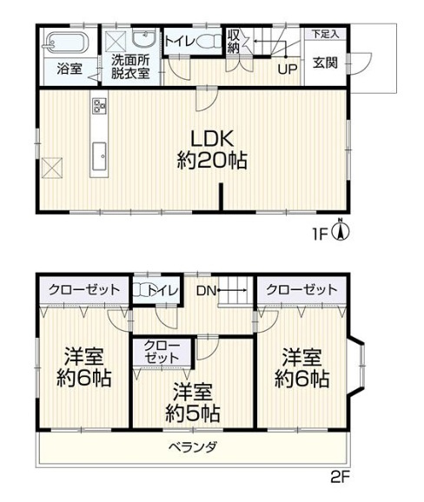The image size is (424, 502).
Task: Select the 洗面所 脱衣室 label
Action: pyautogui.click(x=129, y=67)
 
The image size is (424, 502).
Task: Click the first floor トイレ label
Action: pyautogui.click(x=181, y=41)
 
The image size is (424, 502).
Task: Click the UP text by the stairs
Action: pyautogui.click(x=284, y=68)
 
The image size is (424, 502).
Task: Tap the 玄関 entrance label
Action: pyautogui.click(x=326, y=63)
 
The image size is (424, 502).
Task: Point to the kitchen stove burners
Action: pyautogui.click(x=98, y=107)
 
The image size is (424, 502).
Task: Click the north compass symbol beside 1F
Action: pyautogui.click(x=344, y=231)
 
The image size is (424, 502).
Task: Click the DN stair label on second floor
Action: pyautogui.click(x=206, y=291)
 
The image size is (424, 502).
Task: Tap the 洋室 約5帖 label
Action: pyautogui.click(x=192, y=402)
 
